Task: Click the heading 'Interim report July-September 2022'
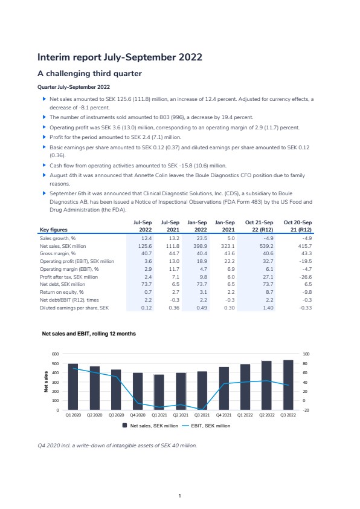coord(120,57)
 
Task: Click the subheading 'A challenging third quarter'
coord(89,74)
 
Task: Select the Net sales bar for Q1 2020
coord(73,387)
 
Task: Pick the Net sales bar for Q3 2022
coord(288,385)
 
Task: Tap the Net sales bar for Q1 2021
coord(159,392)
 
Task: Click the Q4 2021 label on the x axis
coord(223,415)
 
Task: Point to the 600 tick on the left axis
coord(56,354)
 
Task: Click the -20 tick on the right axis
coord(306,410)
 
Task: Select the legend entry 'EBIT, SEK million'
coord(206,426)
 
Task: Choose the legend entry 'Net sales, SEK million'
coord(150,426)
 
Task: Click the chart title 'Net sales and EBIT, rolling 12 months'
coord(89,334)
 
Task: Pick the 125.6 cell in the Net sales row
coord(145,246)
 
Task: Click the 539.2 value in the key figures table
coord(266,246)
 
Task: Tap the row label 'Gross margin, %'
coord(58,253)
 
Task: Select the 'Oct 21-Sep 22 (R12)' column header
coord(259,226)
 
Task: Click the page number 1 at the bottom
coord(179,496)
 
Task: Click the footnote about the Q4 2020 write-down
coord(117,446)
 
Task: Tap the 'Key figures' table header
coord(54,230)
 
